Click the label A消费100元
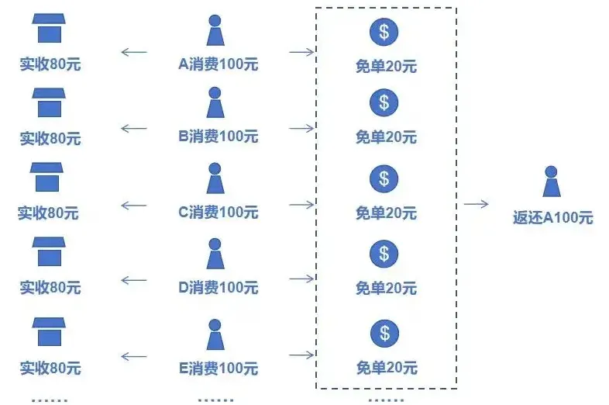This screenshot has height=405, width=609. coord(218,64)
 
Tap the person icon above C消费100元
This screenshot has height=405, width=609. coord(215,179)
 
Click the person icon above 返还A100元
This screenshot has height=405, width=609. coord(551,182)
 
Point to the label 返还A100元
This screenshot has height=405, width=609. coord(552,218)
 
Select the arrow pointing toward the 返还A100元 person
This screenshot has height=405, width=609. coord(477,204)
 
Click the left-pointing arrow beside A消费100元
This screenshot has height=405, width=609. coord(134,53)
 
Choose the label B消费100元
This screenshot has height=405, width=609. coord(218,137)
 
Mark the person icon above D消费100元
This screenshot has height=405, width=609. coord(215,254)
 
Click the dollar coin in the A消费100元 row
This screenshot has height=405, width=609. coord(384,32)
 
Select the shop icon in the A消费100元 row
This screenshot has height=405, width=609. coord(49,29)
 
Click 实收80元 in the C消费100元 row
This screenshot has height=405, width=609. coord(48,212)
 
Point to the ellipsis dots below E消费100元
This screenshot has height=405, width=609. coord(215,400)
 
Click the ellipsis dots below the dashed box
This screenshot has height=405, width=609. coord(385,400)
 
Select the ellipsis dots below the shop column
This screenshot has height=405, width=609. coord(49,400)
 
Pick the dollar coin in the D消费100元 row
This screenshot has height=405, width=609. coord(384,254)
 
